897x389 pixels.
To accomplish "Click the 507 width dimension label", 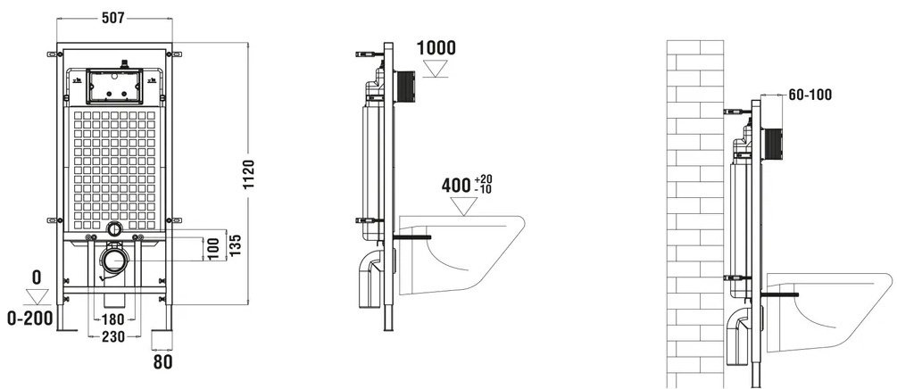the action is pyautogui.click(x=113, y=18).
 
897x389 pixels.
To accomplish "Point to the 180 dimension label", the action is pyautogui.click(x=113, y=319).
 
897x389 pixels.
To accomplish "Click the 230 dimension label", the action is pyautogui.click(x=113, y=337).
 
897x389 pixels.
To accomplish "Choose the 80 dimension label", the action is pyautogui.click(x=163, y=361).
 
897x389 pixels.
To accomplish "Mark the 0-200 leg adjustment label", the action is pyautogui.click(x=29, y=318).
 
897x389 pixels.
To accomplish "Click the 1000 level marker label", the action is pyautogui.click(x=436, y=48).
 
